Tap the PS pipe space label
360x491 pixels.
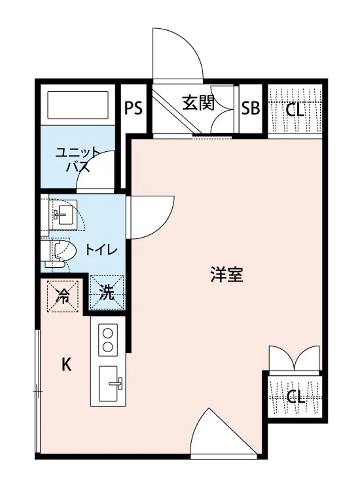[x=133, y=108]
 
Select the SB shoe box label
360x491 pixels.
[x=250, y=108]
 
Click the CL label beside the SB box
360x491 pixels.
[x=295, y=110]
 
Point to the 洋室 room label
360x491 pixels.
[x=227, y=275]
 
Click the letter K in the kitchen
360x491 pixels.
[x=67, y=364]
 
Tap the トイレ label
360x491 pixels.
[x=101, y=250]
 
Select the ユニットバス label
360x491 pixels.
[x=77, y=160]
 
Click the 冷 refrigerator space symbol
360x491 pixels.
[x=63, y=296]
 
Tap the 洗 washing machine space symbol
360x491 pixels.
[x=107, y=293]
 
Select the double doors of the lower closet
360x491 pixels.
[x=295, y=358]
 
